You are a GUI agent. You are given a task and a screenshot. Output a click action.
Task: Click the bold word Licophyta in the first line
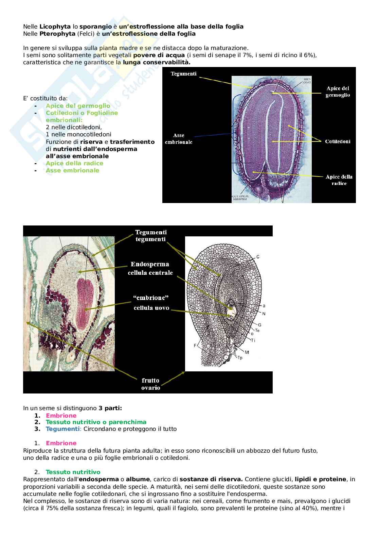tap(55, 27)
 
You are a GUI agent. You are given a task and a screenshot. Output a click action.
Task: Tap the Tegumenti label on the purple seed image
tap(183, 74)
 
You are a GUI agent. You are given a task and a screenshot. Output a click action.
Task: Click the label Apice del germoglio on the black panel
tap(338, 92)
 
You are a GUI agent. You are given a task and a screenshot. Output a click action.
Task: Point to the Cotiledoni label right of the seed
tap(338, 141)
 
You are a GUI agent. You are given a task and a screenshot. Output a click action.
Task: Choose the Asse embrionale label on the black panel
tap(179, 139)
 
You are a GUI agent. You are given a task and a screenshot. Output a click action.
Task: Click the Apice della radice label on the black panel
tap(339, 180)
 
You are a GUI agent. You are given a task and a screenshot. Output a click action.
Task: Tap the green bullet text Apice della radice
tap(74, 163)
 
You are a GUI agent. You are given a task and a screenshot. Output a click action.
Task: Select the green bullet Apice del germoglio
tap(78, 106)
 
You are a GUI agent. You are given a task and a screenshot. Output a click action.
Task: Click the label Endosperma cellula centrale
tap(150, 268)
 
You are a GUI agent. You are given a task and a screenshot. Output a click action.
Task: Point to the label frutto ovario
tap(150, 384)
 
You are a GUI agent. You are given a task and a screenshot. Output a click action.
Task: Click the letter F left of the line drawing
tap(195, 345)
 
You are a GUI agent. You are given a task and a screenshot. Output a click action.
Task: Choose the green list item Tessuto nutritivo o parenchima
tap(96, 422)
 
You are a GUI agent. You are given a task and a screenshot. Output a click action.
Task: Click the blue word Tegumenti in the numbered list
tap(62, 429)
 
